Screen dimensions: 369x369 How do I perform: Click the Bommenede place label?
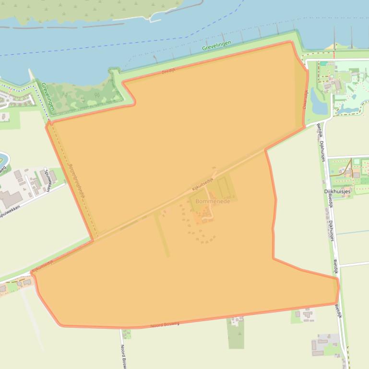pos(212,201)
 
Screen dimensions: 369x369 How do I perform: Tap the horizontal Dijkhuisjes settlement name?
pos(337,191)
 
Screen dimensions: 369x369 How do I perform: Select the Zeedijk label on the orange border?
pos(169,71)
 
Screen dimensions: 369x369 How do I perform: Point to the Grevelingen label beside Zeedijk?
pos(216,46)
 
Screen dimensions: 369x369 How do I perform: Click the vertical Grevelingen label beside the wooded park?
pos(48,96)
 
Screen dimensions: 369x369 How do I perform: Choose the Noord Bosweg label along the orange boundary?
pos(165,325)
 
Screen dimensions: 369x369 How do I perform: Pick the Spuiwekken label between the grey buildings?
pos(47,180)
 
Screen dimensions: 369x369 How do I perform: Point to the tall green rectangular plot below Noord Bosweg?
pos(236,333)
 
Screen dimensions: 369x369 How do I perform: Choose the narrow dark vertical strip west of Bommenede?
pos(162,235)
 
